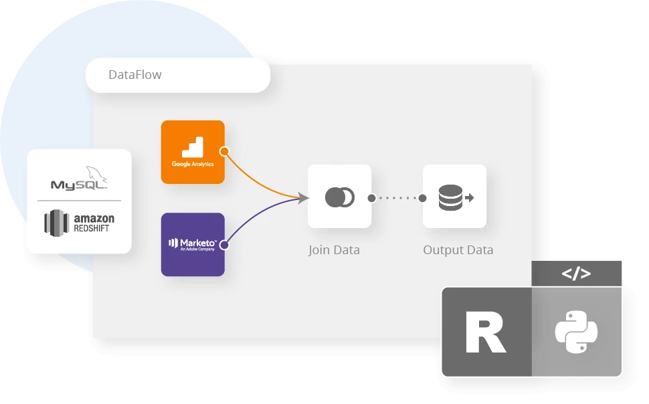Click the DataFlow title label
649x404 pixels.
(x=135, y=74)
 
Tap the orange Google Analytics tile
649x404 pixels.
(x=193, y=152)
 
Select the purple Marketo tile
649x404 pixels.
(x=193, y=244)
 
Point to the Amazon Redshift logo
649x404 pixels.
(x=79, y=222)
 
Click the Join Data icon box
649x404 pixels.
(x=339, y=197)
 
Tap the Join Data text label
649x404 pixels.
(x=334, y=250)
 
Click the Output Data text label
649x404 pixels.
(x=458, y=250)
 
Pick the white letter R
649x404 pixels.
(x=486, y=332)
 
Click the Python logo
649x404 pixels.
(x=576, y=332)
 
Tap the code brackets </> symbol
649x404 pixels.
(x=576, y=273)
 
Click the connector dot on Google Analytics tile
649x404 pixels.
(x=225, y=151)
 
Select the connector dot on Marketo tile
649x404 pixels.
(x=225, y=245)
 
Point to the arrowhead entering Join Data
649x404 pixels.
(x=304, y=197)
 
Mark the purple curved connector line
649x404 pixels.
(x=257, y=214)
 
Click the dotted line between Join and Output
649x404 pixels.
(x=397, y=198)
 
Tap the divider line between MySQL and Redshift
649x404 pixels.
(x=79, y=201)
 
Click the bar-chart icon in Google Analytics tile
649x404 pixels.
(x=193, y=146)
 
